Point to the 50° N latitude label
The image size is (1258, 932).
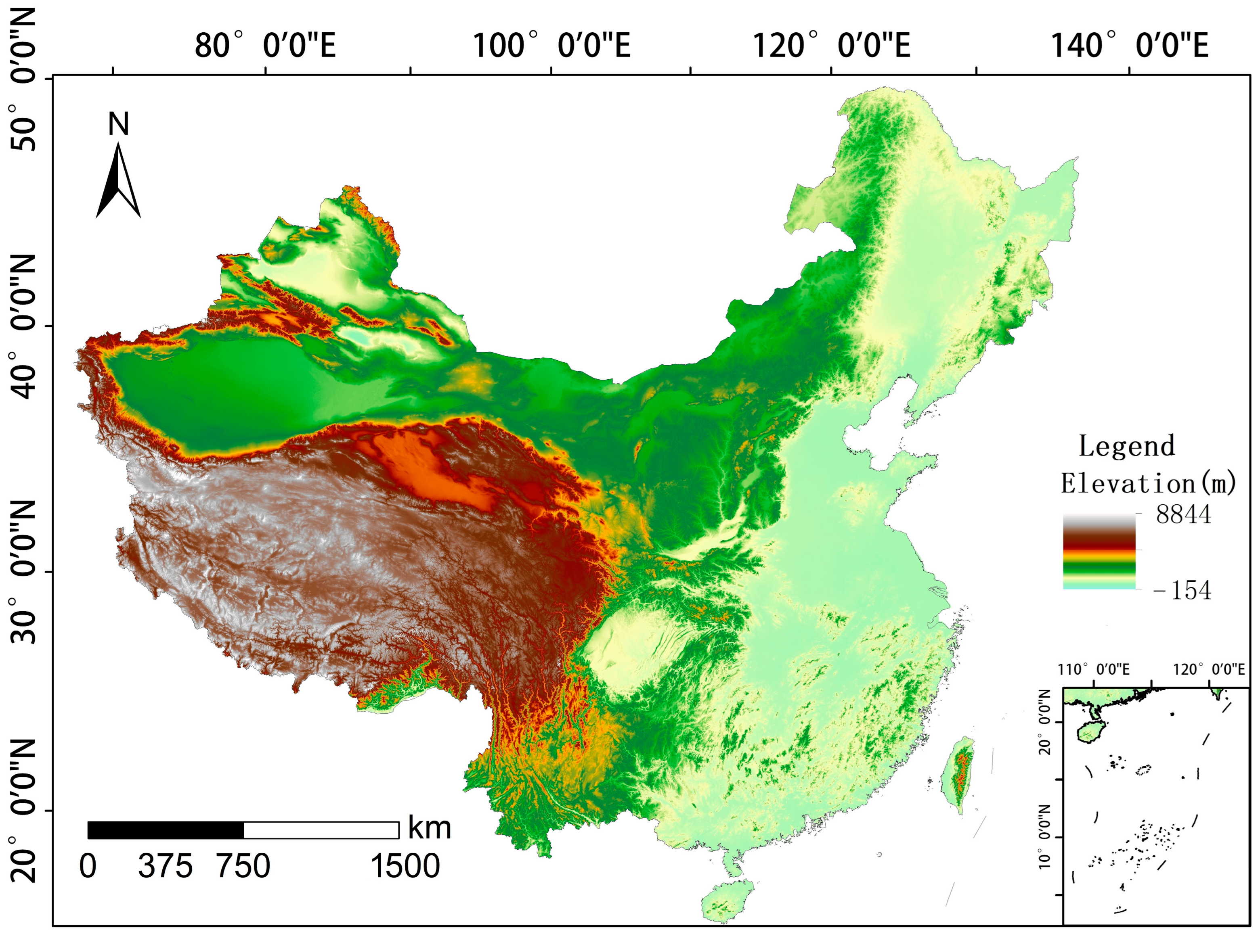pos(24,79)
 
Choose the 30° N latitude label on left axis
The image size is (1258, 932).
pos(24,571)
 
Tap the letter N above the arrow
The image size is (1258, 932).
pos(119,124)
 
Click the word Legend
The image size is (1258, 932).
pos(1126,446)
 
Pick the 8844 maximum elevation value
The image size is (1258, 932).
pos(1183,514)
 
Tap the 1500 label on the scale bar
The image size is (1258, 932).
pos(405,866)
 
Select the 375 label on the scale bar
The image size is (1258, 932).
pos(165,866)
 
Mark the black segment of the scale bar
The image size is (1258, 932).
pos(166,830)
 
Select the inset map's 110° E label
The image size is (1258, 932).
pos(1094,670)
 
